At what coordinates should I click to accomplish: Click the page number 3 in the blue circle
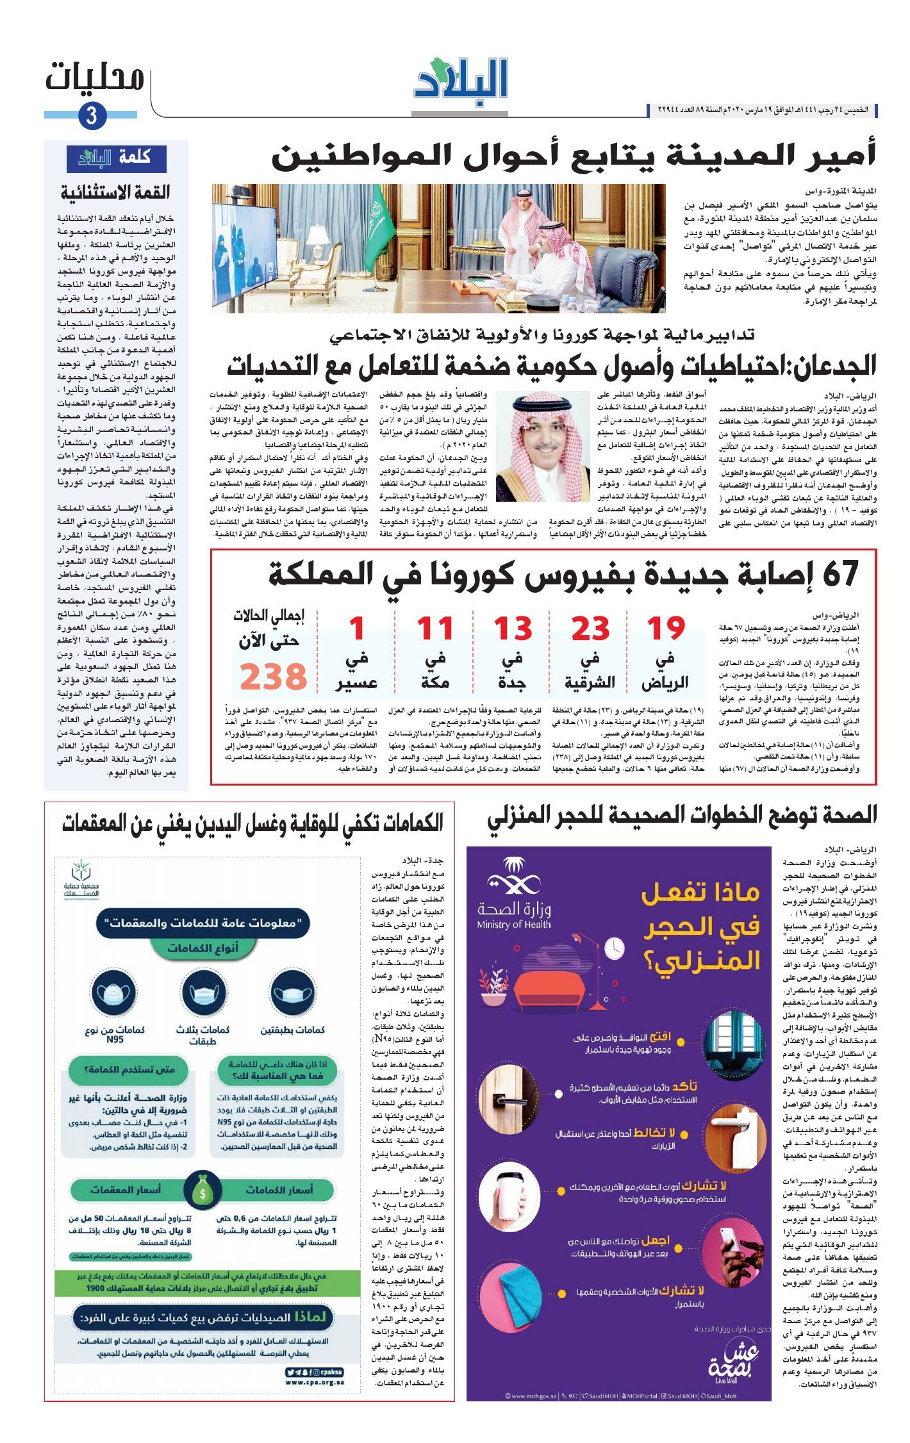pos(91,117)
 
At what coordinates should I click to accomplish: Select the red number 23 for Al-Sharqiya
pos(590,629)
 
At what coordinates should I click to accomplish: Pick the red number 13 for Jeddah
pos(513,629)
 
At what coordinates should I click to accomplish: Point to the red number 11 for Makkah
pos(435,629)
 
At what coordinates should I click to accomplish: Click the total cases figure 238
pos(274,677)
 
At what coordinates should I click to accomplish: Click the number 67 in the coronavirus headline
pos(840,574)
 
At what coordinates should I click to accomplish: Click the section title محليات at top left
pos(94,78)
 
